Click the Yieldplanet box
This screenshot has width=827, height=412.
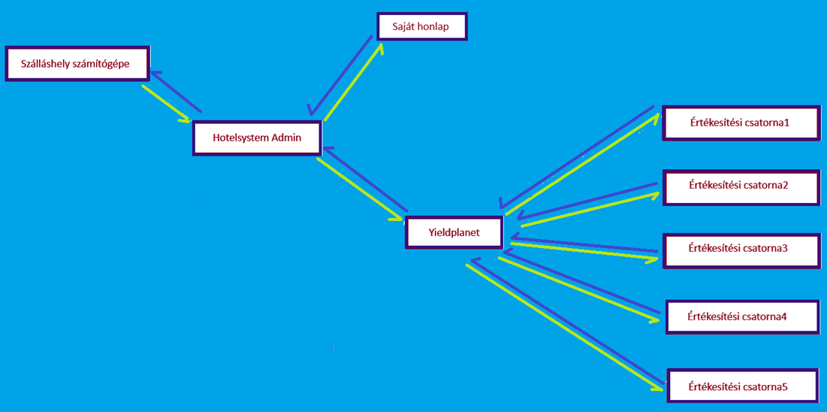tap(454, 232)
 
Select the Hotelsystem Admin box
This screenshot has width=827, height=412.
tap(257, 138)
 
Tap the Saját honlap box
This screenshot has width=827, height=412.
tap(421, 26)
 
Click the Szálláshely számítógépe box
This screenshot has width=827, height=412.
tap(78, 64)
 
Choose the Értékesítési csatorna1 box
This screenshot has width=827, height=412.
tap(741, 124)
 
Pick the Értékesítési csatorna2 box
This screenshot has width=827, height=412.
tap(741, 187)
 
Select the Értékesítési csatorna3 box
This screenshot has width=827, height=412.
tap(741, 250)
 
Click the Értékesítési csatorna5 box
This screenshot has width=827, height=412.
tap(745, 386)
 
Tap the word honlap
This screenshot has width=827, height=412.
tap(435, 26)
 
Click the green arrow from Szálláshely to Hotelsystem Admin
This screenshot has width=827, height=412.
tap(167, 104)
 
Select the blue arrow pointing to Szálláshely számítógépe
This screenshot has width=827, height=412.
tap(176, 90)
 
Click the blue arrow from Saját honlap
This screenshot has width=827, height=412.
tap(341, 75)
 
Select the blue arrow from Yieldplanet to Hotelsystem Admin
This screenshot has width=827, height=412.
tap(366, 180)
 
